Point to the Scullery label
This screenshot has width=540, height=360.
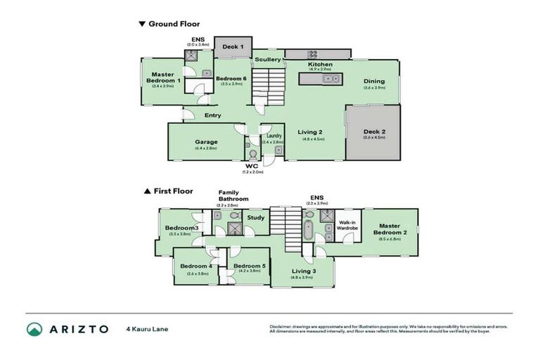point(268,60)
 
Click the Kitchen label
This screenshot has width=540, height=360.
point(320,65)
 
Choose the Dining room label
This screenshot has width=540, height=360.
point(374,81)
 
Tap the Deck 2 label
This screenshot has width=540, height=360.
point(374,131)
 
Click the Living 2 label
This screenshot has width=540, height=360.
point(309,132)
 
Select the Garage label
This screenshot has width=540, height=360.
point(206,142)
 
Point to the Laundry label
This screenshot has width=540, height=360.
point(273,136)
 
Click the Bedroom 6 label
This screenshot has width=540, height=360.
point(230,78)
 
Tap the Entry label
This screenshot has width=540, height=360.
point(212,115)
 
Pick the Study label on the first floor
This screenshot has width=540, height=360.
point(256,217)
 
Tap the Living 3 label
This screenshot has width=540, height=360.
point(304,271)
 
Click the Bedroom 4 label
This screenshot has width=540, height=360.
point(195,266)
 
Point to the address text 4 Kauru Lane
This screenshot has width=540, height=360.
point(147,328)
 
